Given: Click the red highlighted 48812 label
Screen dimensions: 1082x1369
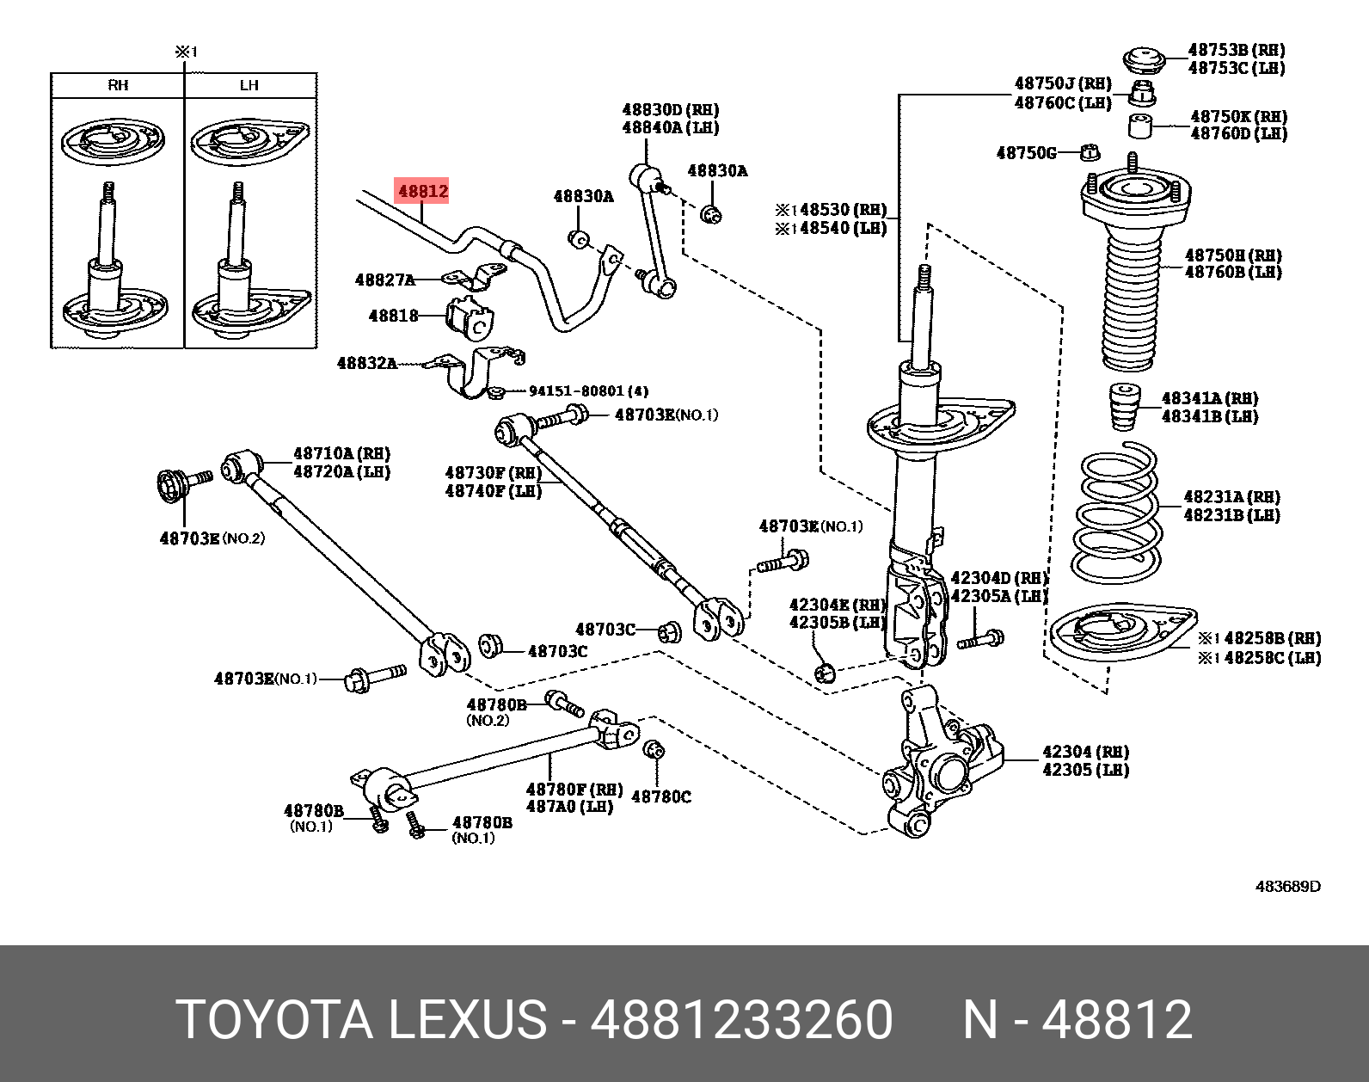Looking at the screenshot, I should click(x=421, y=191).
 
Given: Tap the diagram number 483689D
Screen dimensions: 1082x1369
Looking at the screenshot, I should click(x=1287, y=886).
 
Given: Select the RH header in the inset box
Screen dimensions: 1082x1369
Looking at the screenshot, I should click(x=118, y=85).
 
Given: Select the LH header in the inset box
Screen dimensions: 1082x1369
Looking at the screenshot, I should click(x=249, y=85).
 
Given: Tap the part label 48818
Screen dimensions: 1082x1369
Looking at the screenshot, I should click(x=393, y=316).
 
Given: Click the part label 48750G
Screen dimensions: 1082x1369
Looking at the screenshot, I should click(x=1026, y=153).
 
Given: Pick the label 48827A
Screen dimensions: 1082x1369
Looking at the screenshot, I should click(x=384, y=280).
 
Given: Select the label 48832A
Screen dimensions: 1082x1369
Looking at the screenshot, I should click(x=367, y=364).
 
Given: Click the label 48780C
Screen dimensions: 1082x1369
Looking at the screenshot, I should click(x=660, y=797).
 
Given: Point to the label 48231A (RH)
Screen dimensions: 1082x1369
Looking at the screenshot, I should click(x=1231, y=497).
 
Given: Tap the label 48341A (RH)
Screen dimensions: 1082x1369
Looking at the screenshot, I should click(x=1209, y=398).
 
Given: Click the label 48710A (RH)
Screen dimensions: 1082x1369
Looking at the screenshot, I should click(x=341, y=453).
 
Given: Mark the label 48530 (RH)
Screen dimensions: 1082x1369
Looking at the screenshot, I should click(x=831, y=209).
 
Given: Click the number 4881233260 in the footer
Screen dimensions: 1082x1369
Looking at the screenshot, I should click(x=741, y=1021).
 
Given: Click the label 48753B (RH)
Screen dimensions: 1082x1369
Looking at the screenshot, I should click(x=1236, y=50).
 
